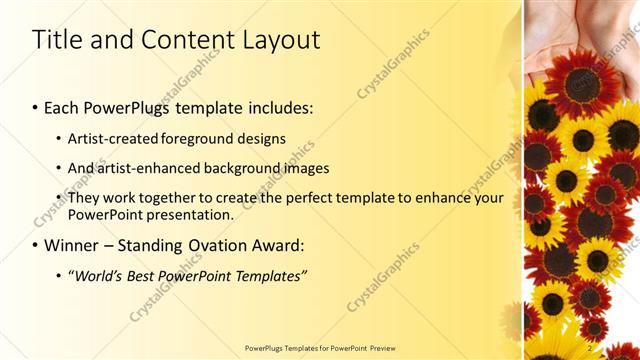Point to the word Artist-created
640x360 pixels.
pyautogui.click(x=110, y=139)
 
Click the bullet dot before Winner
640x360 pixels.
pyautogui.click(x=36, y=246)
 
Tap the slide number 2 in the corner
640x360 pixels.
pyautogui.click(x=591, y=347)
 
